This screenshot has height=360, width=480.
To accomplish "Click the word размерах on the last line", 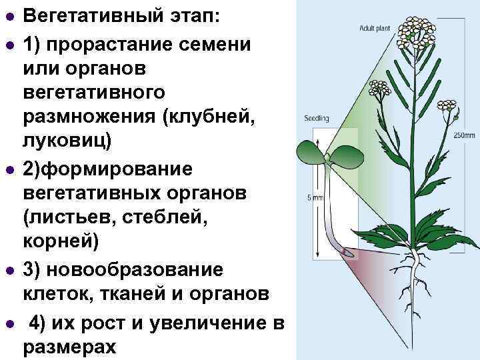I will click(69, 347).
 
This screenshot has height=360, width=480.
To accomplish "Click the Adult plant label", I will click(373, 29).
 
